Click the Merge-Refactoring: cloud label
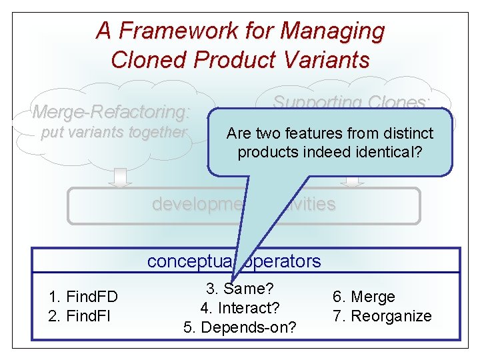point(111,111)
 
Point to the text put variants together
point(114,132)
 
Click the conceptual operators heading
point(234,261)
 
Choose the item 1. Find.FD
point(83,297)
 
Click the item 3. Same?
point(241,289)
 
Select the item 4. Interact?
point(240,308)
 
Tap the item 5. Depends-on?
point(240,327)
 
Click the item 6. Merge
point(363,297)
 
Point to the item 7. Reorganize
point(381,315)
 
